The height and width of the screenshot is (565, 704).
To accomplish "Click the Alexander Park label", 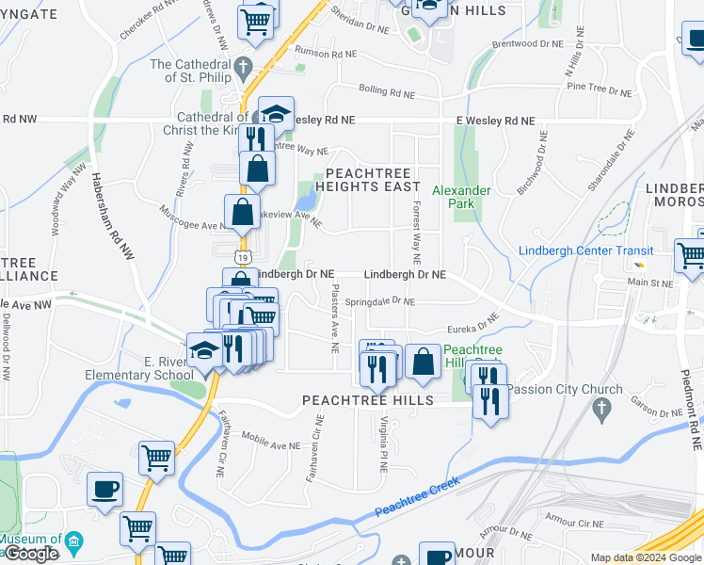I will point(461,196).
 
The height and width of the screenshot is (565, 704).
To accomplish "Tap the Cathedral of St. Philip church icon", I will point(244,67).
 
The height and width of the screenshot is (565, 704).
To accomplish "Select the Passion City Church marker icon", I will point(602,407).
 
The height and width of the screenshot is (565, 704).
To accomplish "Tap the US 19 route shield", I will point(243,256).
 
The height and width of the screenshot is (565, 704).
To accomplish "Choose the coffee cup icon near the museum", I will point(104,489).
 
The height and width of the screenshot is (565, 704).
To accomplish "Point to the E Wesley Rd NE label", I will point(495,121).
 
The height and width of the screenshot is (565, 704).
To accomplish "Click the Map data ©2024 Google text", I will point(645,557).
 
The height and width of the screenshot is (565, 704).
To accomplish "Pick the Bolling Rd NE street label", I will point(387,92).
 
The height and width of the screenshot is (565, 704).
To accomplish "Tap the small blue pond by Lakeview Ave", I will point(305,199).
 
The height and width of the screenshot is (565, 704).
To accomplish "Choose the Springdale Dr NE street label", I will point(378,302).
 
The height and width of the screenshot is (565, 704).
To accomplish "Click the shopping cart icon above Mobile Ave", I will point(156,459).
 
